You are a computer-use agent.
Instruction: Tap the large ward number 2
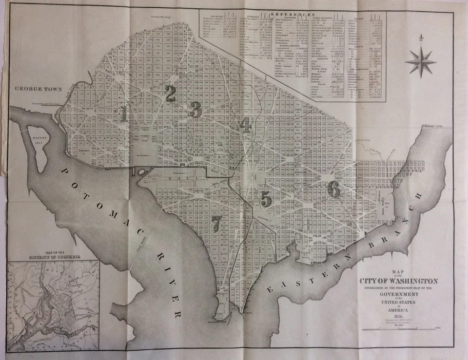coord(170,94)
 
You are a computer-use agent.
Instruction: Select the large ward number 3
coord(195,109)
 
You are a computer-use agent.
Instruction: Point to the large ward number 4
coord(245,125)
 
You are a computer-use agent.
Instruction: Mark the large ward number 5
coord(266,199)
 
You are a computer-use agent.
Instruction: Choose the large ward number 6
coord(333,189)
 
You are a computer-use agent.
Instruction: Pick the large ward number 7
coord(216,222)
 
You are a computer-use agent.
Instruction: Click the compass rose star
coord(420,62)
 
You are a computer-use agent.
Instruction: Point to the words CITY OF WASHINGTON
coord(399,281)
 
